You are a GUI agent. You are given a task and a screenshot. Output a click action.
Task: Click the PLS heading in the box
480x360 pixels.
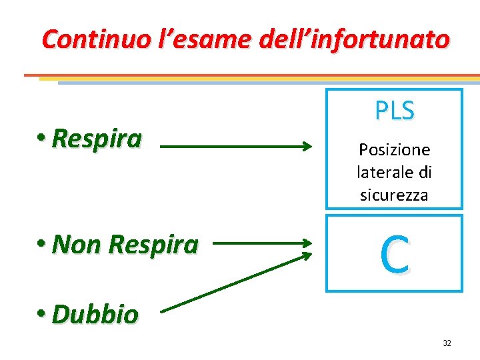pos(394,111)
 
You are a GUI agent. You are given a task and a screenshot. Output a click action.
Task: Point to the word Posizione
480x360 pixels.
pos(394,149)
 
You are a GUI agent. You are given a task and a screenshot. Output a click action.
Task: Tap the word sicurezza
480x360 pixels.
pos(394,195)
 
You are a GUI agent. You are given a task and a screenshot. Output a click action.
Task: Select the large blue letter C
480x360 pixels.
pos(394,254)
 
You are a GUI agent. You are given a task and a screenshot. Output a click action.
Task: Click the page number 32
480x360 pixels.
pos(447,343)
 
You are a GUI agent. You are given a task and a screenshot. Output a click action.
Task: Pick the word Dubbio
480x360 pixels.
pos(95,314)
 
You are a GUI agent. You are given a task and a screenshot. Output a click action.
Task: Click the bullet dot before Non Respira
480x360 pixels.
pos(43,243)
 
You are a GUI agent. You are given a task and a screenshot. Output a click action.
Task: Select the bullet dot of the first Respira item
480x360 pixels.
pos(43,137)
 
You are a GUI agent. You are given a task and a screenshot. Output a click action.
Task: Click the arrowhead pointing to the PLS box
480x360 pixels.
pos(307,145)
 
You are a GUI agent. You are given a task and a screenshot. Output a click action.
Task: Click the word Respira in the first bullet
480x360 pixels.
pos(97,139)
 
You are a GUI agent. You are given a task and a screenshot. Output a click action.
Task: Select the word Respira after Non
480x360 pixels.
pos(153,245)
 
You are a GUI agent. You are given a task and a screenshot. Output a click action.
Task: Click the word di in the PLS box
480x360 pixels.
pos(425,172)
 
